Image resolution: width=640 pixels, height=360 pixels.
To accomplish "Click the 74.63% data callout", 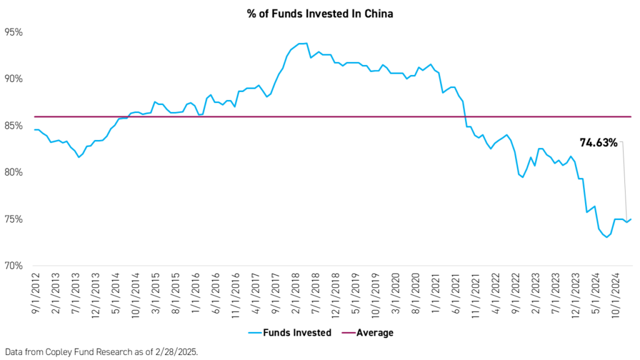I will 598,143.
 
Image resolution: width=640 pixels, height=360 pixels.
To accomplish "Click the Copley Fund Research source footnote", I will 100,351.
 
